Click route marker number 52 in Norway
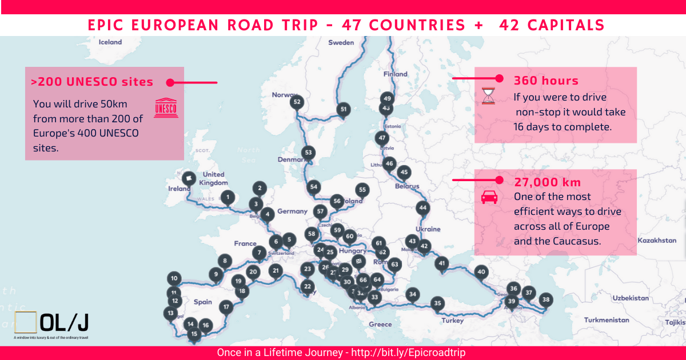(x=297, y=102)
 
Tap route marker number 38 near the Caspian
(x=547, y=299)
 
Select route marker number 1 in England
(x=228, y=198)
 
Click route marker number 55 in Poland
(x=362, y=190)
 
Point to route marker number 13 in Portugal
(x=170, y=313)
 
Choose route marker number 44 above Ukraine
(x=422, y=208)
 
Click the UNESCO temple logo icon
(x=166, y=107)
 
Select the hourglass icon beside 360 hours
(x=488, y=95)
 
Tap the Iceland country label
(x=110, y=42)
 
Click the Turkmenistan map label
(x=607, y=320)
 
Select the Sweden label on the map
(x=341, y=42)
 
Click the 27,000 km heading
(x=547, y=182)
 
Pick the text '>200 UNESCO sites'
(x=92, y=82)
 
